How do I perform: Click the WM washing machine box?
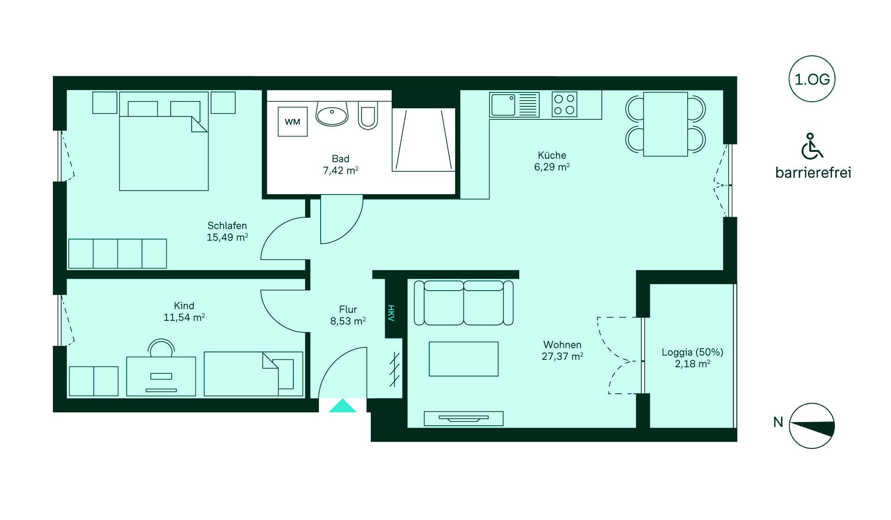292,122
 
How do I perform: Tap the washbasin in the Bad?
332,114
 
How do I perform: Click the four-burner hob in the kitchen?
564,104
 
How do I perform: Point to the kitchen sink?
515,104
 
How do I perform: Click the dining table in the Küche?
665,124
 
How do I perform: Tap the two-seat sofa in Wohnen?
464,303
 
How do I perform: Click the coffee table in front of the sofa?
464,359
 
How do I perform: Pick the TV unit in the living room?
464,418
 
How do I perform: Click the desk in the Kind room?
161,376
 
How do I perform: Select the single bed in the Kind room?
253,374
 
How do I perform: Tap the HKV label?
391,313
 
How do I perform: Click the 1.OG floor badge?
812,79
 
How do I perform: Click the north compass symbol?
812,426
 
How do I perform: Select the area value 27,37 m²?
562,357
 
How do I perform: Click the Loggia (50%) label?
692,352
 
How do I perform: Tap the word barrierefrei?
813,173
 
